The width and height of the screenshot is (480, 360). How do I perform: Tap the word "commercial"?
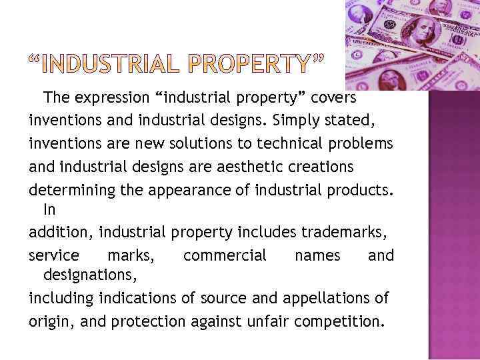225,255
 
